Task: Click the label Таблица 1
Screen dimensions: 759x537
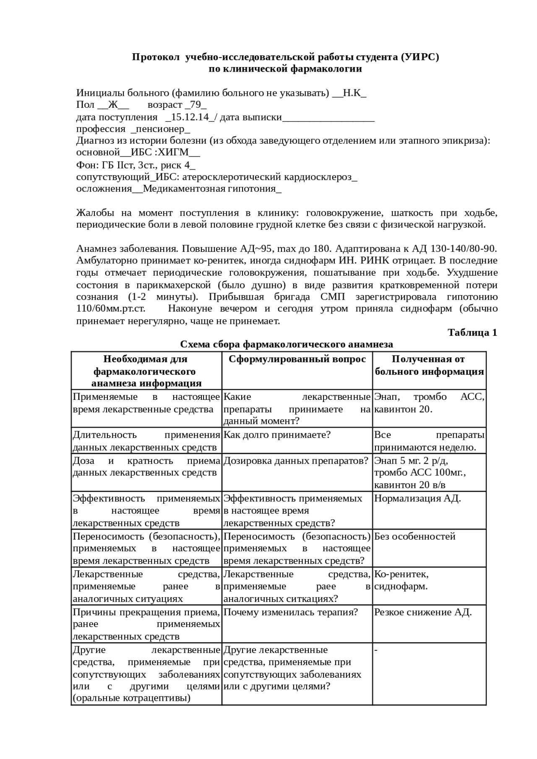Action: (x=472, y=332)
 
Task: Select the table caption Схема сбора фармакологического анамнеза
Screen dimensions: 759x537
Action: (x=286, y=345)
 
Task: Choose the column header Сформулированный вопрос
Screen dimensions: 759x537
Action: (x=297, y=359)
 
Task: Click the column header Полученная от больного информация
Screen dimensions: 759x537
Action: (x=429, y=365)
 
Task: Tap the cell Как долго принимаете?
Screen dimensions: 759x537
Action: (x=277, y=435)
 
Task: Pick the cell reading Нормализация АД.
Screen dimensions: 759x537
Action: (x=417, y=498)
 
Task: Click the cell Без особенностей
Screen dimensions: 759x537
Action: (x=414, y=536)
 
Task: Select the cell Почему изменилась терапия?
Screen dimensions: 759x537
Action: (x=290, y=612)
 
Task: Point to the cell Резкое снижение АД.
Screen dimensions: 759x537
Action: (x=422, y=612)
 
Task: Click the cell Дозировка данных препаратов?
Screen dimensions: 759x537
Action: (x=296, y=461)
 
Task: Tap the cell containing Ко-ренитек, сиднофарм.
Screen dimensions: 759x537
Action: (x=401, y=580)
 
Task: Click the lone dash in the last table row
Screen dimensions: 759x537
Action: (x=376, y=650)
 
